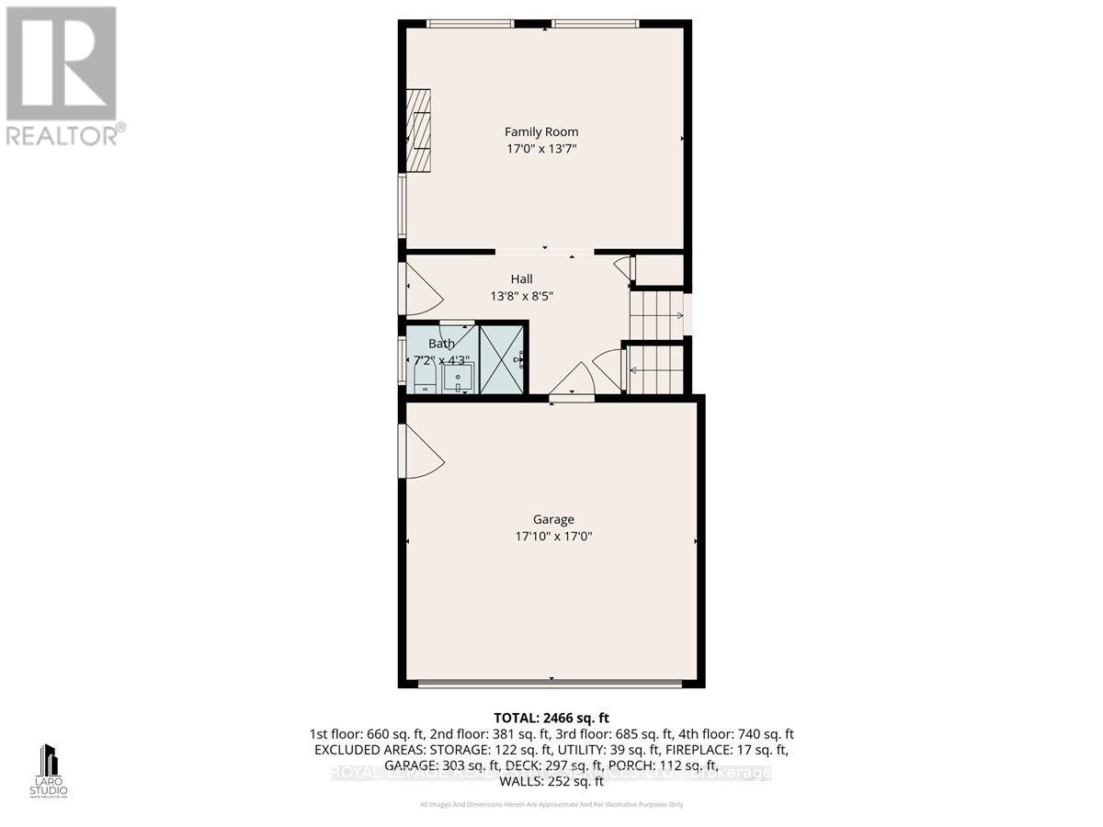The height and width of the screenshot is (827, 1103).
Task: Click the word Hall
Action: click(x=522, y=279)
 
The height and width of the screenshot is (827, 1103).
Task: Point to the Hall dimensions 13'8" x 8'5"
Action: click(x=522, y=296)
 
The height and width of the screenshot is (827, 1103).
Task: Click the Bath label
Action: click(x=441, y=344)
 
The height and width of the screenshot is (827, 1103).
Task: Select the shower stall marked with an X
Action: click(x=502, y=357)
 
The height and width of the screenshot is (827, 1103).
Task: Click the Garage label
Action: click(x=552, y=519)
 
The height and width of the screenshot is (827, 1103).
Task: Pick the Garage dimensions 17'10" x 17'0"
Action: click(x=552, y=536)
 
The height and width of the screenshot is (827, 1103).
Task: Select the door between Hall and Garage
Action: click(x=572, y=381)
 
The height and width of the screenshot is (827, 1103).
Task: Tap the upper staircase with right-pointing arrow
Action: click(x=658, y=315)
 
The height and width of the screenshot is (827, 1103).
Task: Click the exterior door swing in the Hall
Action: click(x=423, y=289)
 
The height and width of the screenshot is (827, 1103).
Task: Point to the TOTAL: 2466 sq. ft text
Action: click(x=551, y=718)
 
